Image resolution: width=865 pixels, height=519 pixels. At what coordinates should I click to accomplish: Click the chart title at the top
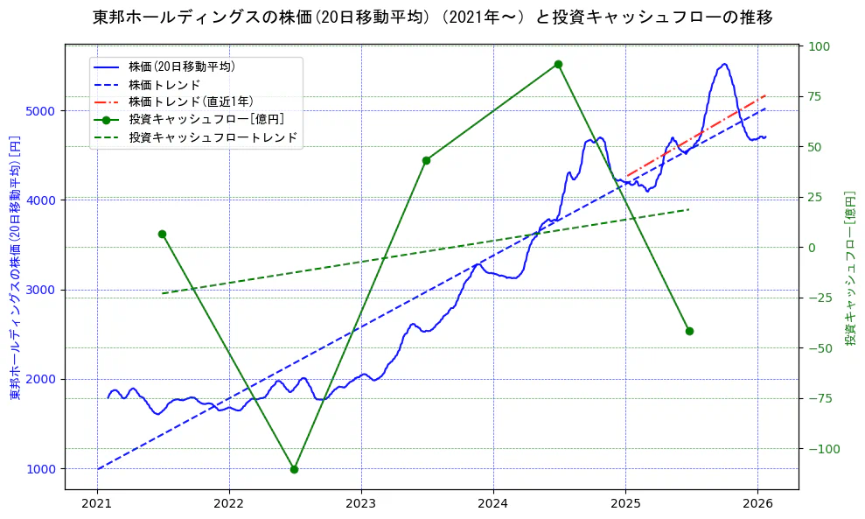click(x=432, y=18)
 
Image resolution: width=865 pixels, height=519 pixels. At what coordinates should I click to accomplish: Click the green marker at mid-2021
click(x=162, y=234)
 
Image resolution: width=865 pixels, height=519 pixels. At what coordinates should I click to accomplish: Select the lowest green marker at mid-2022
click(x=294, y=469)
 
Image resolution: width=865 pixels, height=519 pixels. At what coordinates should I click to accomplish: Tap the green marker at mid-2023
click(x=426, y=160)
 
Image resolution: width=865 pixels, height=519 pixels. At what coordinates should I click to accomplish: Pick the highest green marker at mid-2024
click(x=558, y=64)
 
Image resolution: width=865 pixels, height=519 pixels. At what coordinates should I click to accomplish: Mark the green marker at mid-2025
click(x=689, y=331)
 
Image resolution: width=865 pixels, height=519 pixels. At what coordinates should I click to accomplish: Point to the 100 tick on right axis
click(x=819, y=46)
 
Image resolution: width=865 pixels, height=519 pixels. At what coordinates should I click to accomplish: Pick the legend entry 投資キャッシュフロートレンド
click(x=213, y=137)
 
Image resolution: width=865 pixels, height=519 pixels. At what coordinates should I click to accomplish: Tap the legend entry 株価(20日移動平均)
click(x=181, y=67)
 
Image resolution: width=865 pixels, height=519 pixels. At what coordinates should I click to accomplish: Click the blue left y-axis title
click(x=15, y=268)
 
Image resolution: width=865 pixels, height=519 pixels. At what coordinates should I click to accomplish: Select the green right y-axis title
click(x=849, y=268)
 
